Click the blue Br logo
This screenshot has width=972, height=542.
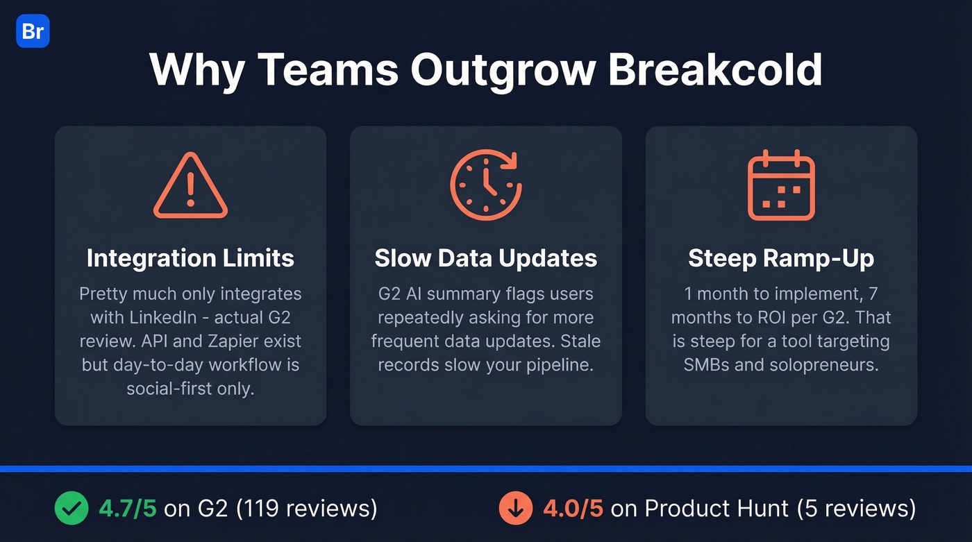[33, 31]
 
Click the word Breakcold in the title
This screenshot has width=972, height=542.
[715, 69]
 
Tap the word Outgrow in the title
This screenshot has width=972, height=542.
[503, 69]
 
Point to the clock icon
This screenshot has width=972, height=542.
[485, 185]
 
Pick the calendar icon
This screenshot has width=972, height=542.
[781, 185]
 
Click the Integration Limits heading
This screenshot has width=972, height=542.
[190, 258]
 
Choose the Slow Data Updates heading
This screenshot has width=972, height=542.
[486, 258]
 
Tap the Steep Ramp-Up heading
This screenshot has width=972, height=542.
[781, 258]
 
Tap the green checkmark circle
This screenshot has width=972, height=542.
[72, 508]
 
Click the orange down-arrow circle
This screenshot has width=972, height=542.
[516, 508]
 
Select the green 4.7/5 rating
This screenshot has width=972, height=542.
[128, 508]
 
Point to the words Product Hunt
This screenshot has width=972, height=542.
[717, 508]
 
